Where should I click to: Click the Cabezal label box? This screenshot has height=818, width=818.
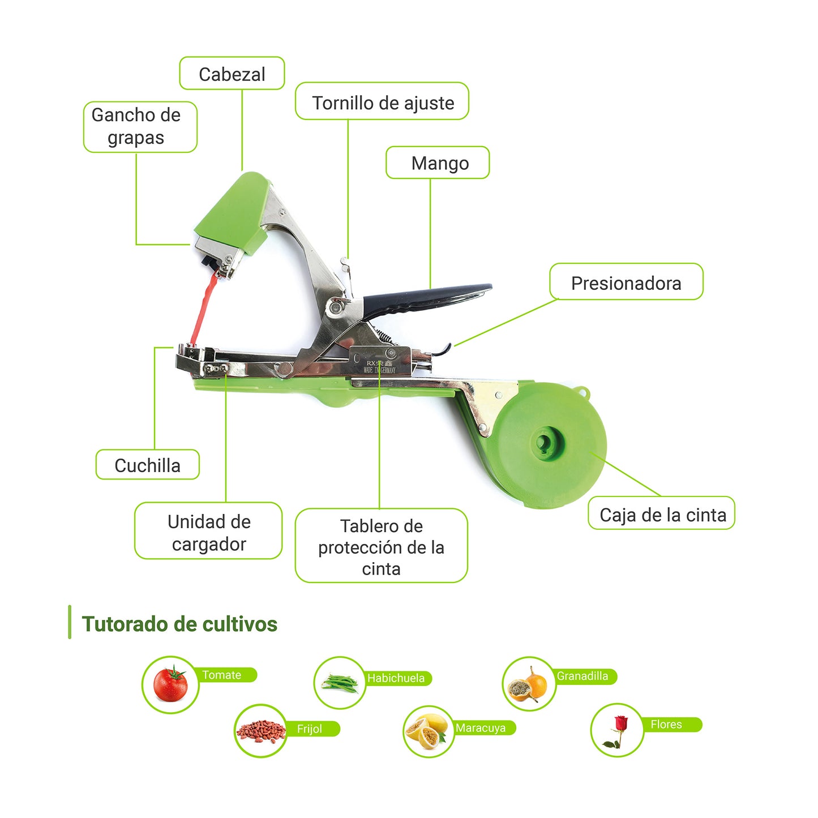coord(232,74)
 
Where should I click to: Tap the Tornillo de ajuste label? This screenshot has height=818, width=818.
coord(382,102)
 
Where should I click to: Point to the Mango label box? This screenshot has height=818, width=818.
coord(438,163)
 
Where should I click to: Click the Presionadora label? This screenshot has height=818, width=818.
coord(626,282)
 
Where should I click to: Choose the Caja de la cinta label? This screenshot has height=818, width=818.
coord(662,514)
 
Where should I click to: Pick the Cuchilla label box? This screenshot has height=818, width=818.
coord(147,465)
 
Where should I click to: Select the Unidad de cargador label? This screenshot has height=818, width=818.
coord(208,532)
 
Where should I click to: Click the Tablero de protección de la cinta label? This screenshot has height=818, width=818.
coord(381,546)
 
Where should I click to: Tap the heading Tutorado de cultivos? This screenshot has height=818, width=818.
coord(179,624)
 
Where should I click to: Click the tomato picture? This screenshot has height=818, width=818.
coord(170,684)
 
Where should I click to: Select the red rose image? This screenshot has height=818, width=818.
coord(617,731)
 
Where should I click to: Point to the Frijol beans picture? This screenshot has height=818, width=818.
coord(260,731)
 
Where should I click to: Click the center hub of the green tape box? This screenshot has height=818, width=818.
coord(547,442)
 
